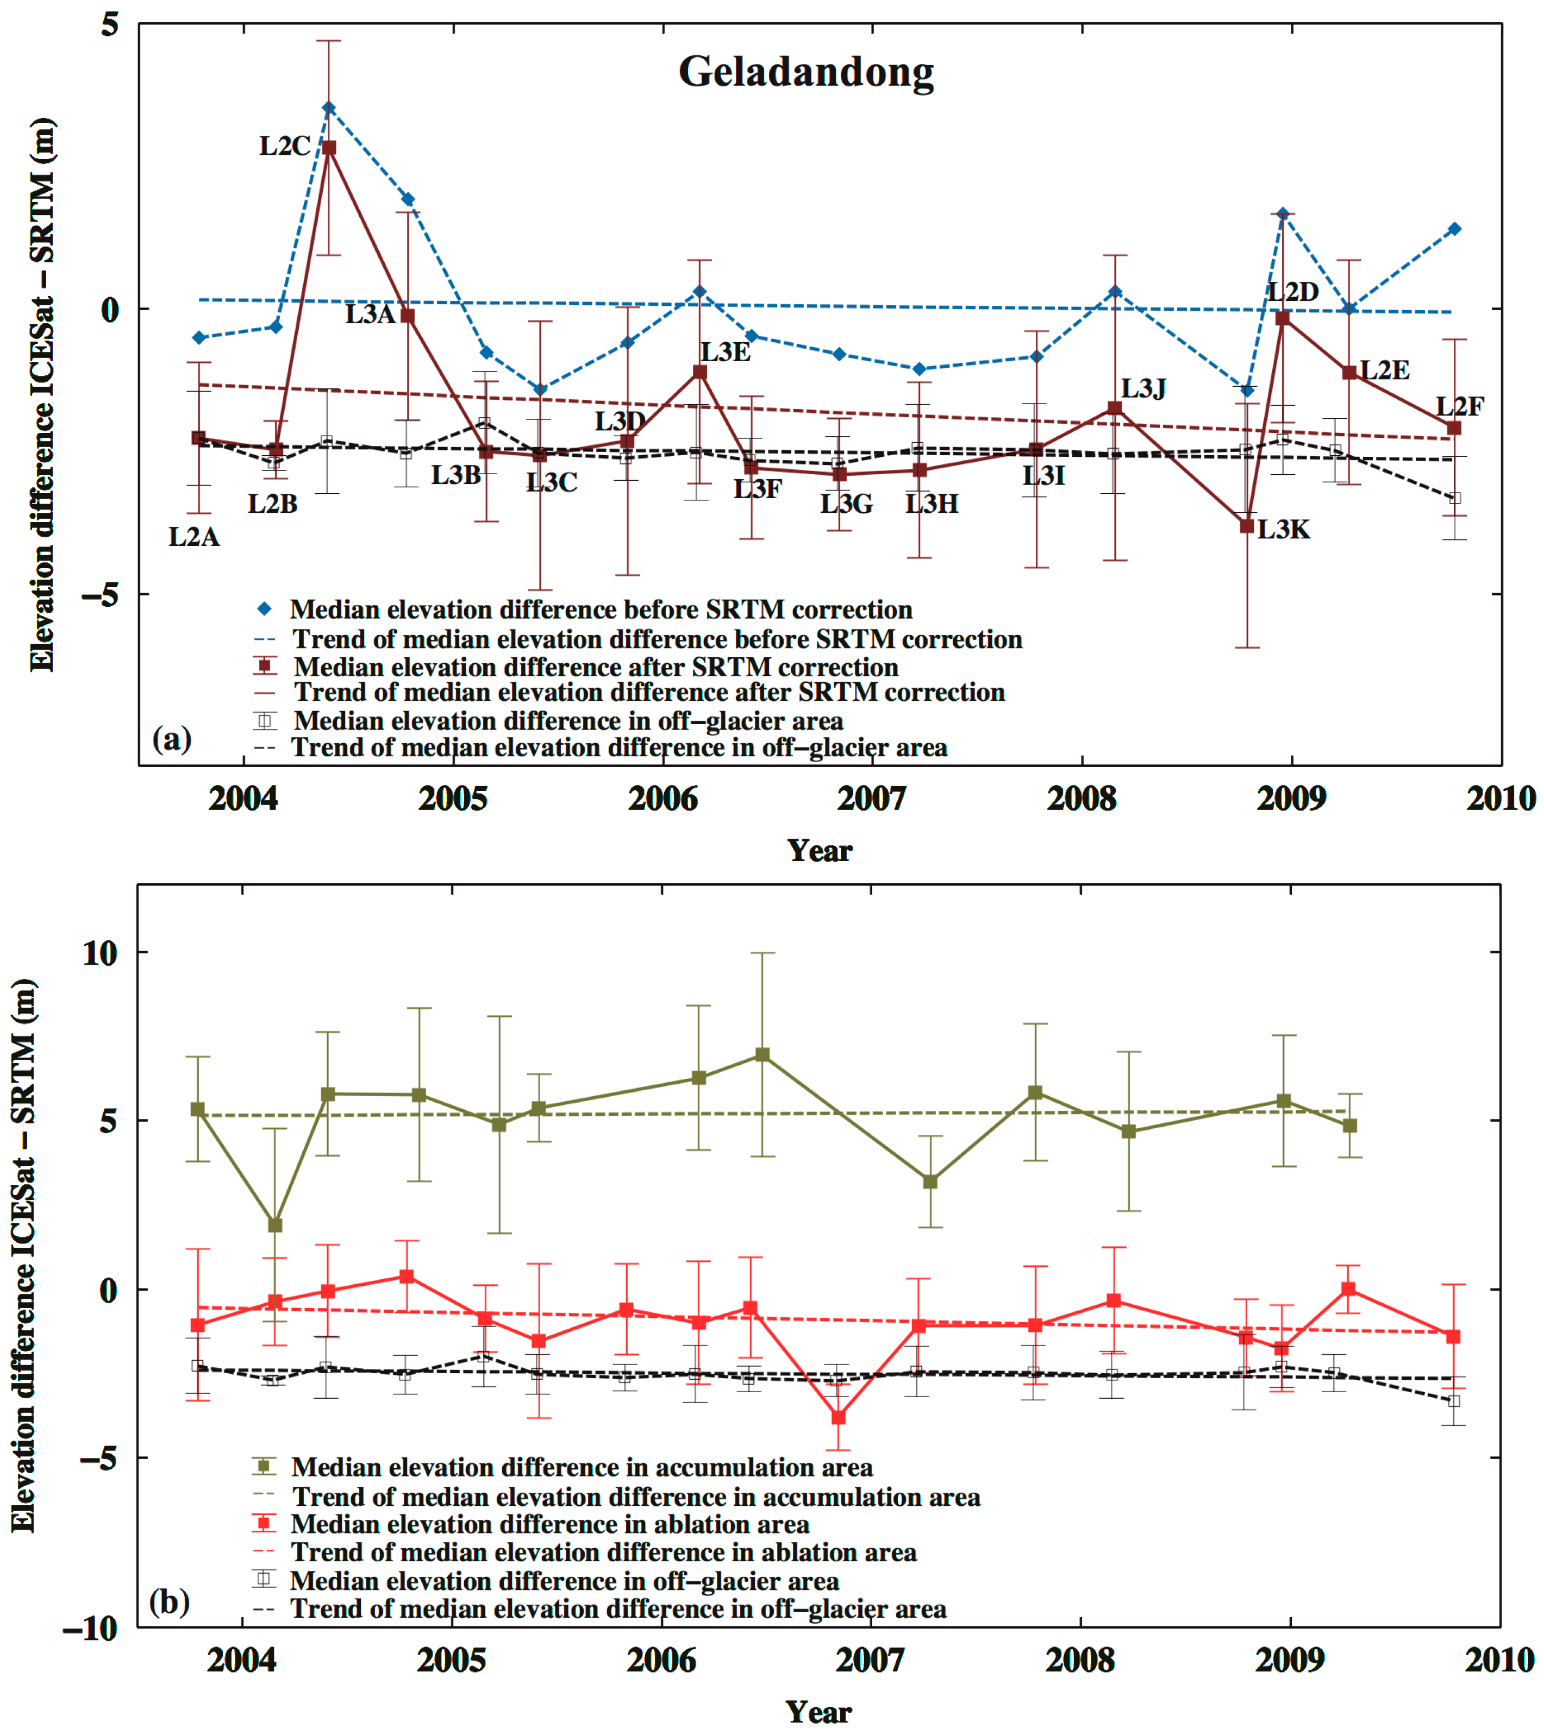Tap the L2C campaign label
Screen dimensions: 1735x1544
pyautogui.click(x=285, y=146)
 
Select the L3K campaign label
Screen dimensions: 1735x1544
pyautogui.click(x=1283, y=530)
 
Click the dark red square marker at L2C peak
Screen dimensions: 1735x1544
pyautogui.click(x=329, y=148)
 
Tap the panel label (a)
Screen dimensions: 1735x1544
pyautogui.click(x=172, y=738)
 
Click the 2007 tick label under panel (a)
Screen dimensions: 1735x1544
pyautogui.click(x=872, y=799)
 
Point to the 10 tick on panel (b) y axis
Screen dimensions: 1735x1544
pyautogui.click(x=100, y=952)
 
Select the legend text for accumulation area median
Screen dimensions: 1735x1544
pyautogui.click(x=582, y=1467)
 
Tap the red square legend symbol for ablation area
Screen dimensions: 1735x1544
pyautogui.click(x=264, y=1523)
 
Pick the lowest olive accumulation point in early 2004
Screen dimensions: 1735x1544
pyautogui.click(x=275, y=1225)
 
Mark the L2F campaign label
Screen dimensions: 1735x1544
pyautogui.click(x=1459, y=406)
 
